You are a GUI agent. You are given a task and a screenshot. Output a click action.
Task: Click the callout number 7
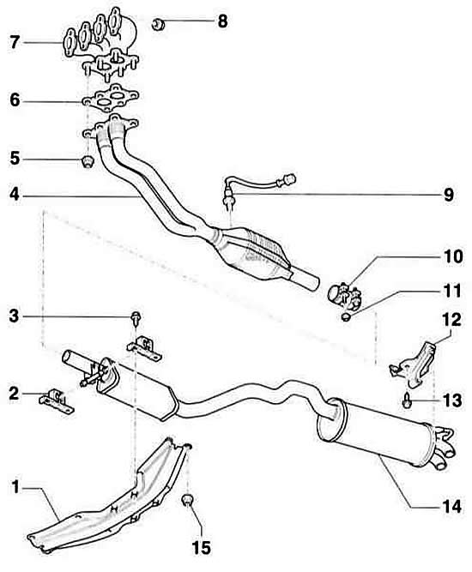[x=15, y=42]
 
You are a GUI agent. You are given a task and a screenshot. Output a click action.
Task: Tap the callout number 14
[x=452, y=507]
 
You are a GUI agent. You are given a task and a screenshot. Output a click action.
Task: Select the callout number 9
[x=449, y=195]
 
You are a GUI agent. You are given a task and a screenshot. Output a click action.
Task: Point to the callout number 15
[x=202, y=547]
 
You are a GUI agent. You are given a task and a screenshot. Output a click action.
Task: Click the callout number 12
[x=452, y=320]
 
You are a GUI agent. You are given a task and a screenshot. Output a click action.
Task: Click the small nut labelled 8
[x=158, y=24]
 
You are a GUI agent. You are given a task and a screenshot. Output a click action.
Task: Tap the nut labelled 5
[x=87, y=161]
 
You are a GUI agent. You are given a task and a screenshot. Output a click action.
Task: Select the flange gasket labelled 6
[x=111, y=98]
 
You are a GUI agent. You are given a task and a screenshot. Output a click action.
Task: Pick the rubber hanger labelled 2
[x=57, y=401]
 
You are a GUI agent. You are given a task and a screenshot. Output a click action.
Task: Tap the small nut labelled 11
[x=346, y=316]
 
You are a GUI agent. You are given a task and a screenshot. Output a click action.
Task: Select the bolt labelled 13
[x=406, y=399]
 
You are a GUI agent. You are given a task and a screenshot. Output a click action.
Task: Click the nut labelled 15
[x=187, y=501]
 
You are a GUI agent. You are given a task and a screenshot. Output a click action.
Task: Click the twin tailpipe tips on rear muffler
[x=444, y=448]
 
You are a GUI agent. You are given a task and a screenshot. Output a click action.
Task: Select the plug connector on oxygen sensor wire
[x=288, y=178]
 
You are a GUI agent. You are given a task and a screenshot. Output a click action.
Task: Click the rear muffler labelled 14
[x=379, y=431]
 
